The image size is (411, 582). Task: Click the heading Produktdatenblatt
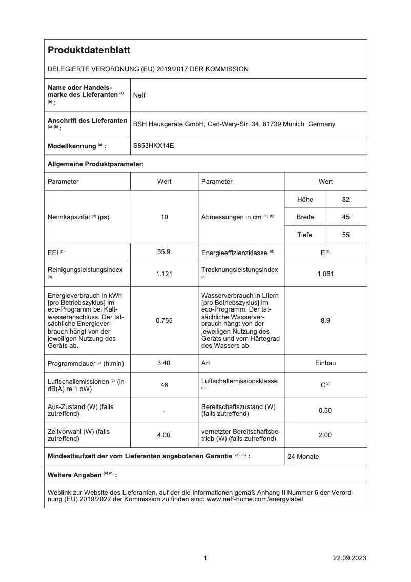pyautogui.click(x=89, y=50)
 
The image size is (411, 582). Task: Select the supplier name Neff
pyautogui.click(x=139, y=95)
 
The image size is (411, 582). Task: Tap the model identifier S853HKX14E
pyautogui.click(x=154, y=146)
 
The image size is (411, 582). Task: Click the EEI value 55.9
pyautogui.click(x=164, y=252)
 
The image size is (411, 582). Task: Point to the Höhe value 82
pyautogui.click(x=346, y=199)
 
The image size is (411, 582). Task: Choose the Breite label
pyautogui.click(x=305, y=217)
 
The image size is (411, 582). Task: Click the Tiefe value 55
pyautogui.click(x=346, y=235)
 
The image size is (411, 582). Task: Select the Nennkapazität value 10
pyautogui.click(x=164, y=217)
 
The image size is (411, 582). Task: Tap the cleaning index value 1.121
pyautogui.click(x=164, y=274)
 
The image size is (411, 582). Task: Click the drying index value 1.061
pyautogui.click(x=325, y=274)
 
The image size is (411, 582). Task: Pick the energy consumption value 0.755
pyautogui.click(x=164, y=320)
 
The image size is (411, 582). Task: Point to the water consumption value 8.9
pyautogui.click(x=325, y=320)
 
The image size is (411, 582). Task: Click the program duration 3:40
pyautogui.click(x=164, y=363)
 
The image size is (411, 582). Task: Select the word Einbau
pyautogui.click(x=325, y=363)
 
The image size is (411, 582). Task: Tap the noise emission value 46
pyautogui.click(x=164, y=385)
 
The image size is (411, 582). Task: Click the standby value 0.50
pyautogui.click(x=325, y=410)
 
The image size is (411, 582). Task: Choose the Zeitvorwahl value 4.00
pyautogui.click(x=164, y=435)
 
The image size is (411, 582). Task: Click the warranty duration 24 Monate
pyautogui.click(x=303, y=456)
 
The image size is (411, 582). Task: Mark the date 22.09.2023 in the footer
pyautogui.click(x=350, y=558)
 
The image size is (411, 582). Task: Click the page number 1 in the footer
pyautogui.click(x=205, y=558)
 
